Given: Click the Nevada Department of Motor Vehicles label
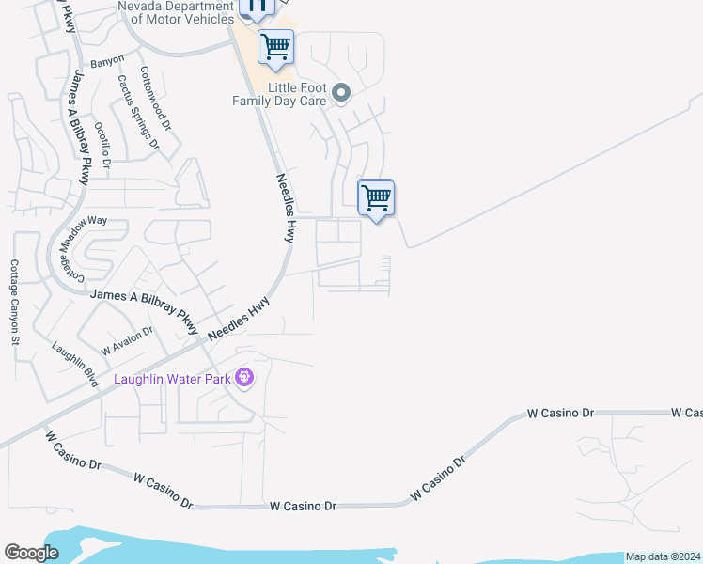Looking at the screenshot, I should tap(175, 12).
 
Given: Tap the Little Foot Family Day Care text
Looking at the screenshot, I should tap(279, 94).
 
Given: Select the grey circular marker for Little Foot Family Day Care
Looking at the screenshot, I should tap(341, 93).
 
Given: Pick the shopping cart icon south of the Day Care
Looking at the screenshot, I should tap(376, 198).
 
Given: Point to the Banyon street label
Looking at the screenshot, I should tap(107, 62).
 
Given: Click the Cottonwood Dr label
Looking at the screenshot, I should tap(155, 98).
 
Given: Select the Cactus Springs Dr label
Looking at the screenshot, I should tap(136, 112).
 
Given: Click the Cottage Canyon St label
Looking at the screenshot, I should tap(15, 302).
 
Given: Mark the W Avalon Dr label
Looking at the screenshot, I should tap(127, 339).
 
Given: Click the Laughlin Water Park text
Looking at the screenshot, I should tap(173, 379).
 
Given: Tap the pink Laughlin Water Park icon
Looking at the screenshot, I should tap(244, 378).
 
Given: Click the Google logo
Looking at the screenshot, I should tap(31, 553).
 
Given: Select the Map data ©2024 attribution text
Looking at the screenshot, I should tap(662, 556).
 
